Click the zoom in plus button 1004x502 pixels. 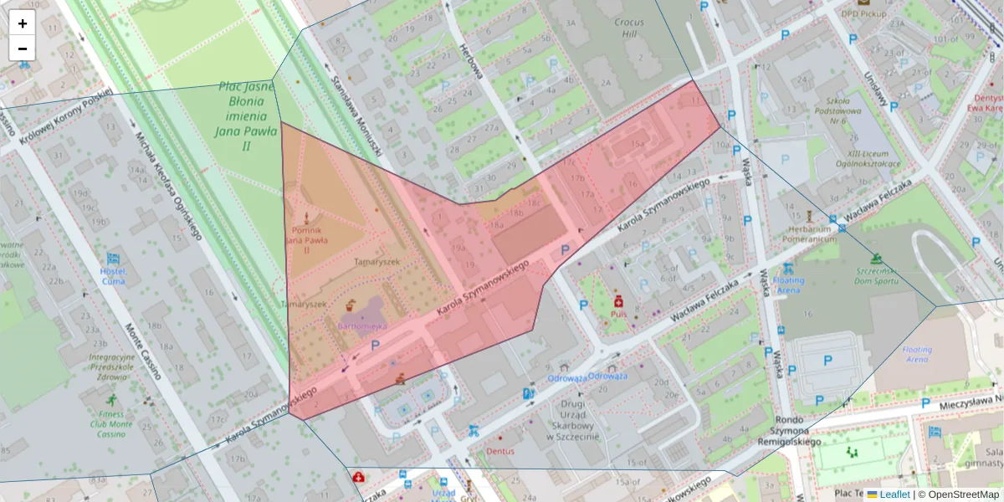pyautogui.click(x=23, y=23)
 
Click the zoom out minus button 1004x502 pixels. pyautogui.click(x=23, y=49)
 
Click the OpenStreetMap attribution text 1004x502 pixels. pyautogui.click(x=963, y=494)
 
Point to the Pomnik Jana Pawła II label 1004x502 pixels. pyautogui.click(x=307, y=239)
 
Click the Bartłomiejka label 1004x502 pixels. pyautogui.click(x=361, y=325)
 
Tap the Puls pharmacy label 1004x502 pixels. pyautogui.click(x=618, y=314)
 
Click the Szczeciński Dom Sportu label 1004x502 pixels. pyautogui.click(x=877, y=276)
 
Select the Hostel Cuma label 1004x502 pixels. pyautogui.click(x=113, y=276)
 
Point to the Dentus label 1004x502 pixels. pyautogui.click(x=500, y=451)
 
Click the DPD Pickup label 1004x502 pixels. pyautogui.click(x=863, y=13)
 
